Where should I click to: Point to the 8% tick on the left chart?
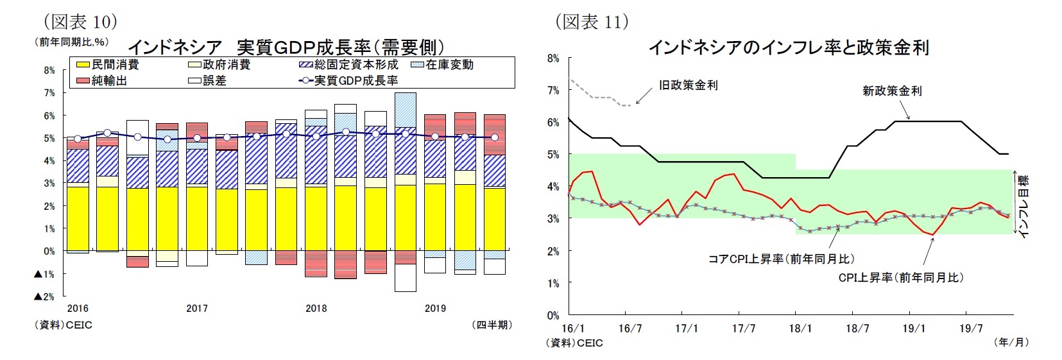tap(49, 71)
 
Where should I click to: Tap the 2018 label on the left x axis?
tap(316, 309)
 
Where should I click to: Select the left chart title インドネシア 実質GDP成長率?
tap(286, 47)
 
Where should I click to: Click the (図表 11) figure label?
tap(592, 22)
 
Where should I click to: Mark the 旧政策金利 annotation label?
tap(688, 85)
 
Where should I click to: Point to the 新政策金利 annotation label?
tap(891, 91)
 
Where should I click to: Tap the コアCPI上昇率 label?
tap(781, 259)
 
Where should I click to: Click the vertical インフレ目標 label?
tap(1024, 205)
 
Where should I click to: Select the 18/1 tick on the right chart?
tap(800, 329)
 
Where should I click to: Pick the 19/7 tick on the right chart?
tap(971, 329)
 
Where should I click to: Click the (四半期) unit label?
tap(491, 325)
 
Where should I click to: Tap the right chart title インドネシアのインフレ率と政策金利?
tap(789, 47)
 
